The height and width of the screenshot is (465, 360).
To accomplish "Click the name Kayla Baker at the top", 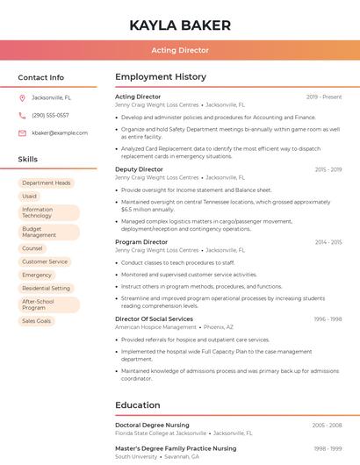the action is [180, 25].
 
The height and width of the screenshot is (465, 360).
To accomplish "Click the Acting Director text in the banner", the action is [180, 50].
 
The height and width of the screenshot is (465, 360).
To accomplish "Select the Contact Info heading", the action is [40, 77].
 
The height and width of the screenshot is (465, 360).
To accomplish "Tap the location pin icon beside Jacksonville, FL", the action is [22, 97].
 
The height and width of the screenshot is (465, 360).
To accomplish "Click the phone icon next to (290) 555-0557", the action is [22, 115].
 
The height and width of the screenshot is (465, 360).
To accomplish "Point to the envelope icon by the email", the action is [22, 132].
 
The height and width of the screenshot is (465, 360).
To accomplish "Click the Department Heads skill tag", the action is [47, 182].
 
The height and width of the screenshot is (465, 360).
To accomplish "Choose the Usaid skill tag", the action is [30, 197].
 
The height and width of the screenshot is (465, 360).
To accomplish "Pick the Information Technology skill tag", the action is [48, 213].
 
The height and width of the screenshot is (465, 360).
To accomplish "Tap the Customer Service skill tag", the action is [45, 261].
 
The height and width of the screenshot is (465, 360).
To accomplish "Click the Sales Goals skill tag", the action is [37, 321].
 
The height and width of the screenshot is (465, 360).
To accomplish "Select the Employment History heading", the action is [161, 77].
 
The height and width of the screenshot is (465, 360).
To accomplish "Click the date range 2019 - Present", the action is [324, 97].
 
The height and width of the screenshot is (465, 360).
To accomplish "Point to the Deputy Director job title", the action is [139, 169].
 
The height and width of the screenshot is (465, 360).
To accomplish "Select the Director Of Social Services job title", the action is [154, 319].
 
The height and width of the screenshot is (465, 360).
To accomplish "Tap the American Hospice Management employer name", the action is [155, 327].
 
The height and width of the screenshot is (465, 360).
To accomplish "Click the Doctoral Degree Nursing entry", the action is [152, 425].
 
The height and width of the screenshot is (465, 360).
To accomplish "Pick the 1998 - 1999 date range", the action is [328, 448].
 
